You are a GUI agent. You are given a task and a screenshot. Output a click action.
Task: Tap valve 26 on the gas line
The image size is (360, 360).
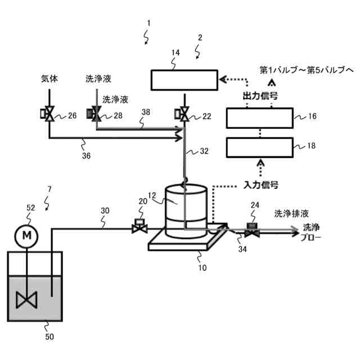coord(49,116)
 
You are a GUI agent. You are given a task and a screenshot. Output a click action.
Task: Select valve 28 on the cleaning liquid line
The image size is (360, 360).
coord(96,115)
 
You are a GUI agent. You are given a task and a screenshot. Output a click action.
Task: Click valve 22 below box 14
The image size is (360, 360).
coord(184,115)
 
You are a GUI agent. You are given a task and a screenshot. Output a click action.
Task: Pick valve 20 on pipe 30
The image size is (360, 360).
coord(138,227)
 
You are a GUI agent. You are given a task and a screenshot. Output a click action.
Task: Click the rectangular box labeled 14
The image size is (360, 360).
coord(184,79)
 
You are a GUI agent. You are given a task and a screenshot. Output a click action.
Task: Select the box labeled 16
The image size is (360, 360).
coord(259,118)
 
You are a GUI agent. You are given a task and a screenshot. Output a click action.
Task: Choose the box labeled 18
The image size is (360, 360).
coord(259,147)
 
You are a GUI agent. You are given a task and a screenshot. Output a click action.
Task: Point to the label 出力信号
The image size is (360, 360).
coord(260,96)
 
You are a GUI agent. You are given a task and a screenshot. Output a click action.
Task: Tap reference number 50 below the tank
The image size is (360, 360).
coord(50,336)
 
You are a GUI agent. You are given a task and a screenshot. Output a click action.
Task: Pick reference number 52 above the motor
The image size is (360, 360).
coord(30,208)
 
